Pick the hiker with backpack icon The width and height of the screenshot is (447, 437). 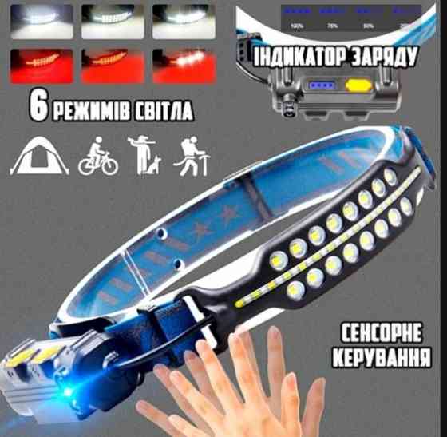pos(190,155)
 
